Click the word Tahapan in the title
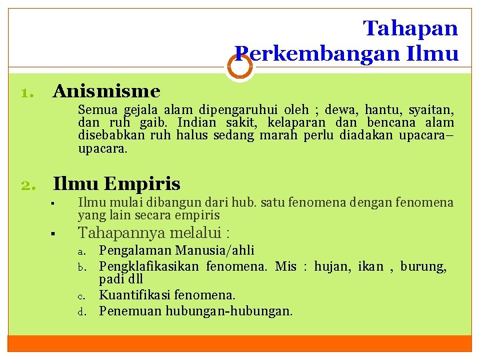click(411, 28)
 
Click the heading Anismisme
click(107, 91)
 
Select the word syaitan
click(431, 109)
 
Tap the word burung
click(423, 267)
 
